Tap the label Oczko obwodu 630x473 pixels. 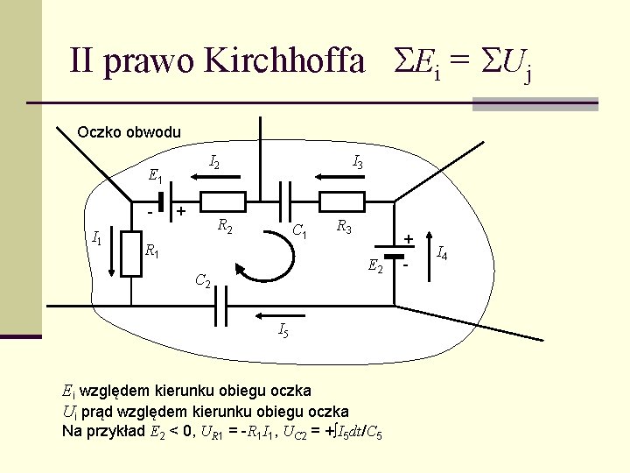coord(129,132)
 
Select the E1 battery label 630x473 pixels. coord(156,176)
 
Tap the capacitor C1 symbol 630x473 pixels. coord(285,201)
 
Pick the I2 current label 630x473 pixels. coord(214,161)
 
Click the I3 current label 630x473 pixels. coord(358,161)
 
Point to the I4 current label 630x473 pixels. coord(442,255)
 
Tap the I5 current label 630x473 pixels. coord(283,330)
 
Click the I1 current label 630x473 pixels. coord(97,236)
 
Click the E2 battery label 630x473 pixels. coord(375,266)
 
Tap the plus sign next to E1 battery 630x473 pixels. coord(180,211)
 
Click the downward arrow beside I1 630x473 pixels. coord(114,254)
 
